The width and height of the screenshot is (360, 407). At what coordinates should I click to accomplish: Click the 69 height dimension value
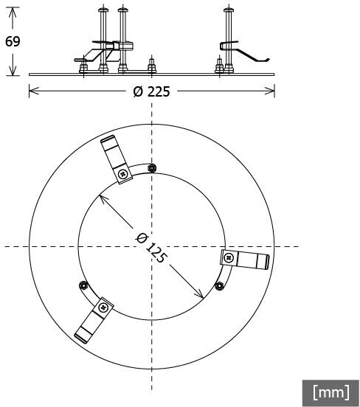pos(13,41)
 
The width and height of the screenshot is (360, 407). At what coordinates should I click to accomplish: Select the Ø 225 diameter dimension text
pos(152,91)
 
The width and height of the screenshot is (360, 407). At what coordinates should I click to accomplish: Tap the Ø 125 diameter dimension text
pos(150,248)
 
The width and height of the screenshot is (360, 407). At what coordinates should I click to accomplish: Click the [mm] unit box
pos(330,392)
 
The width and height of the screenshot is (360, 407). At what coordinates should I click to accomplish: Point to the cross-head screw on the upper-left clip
pos(122,174)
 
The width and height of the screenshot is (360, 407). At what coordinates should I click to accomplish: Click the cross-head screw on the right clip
pos(229,258)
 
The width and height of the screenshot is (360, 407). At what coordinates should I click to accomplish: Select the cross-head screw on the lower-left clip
pos(104,308)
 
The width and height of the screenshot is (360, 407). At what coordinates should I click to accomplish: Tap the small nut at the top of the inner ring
pos(152,168)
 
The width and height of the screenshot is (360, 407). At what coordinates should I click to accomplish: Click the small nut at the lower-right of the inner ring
pos(220,286)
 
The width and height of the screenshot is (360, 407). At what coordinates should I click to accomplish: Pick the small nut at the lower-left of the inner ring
pos(83,285)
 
